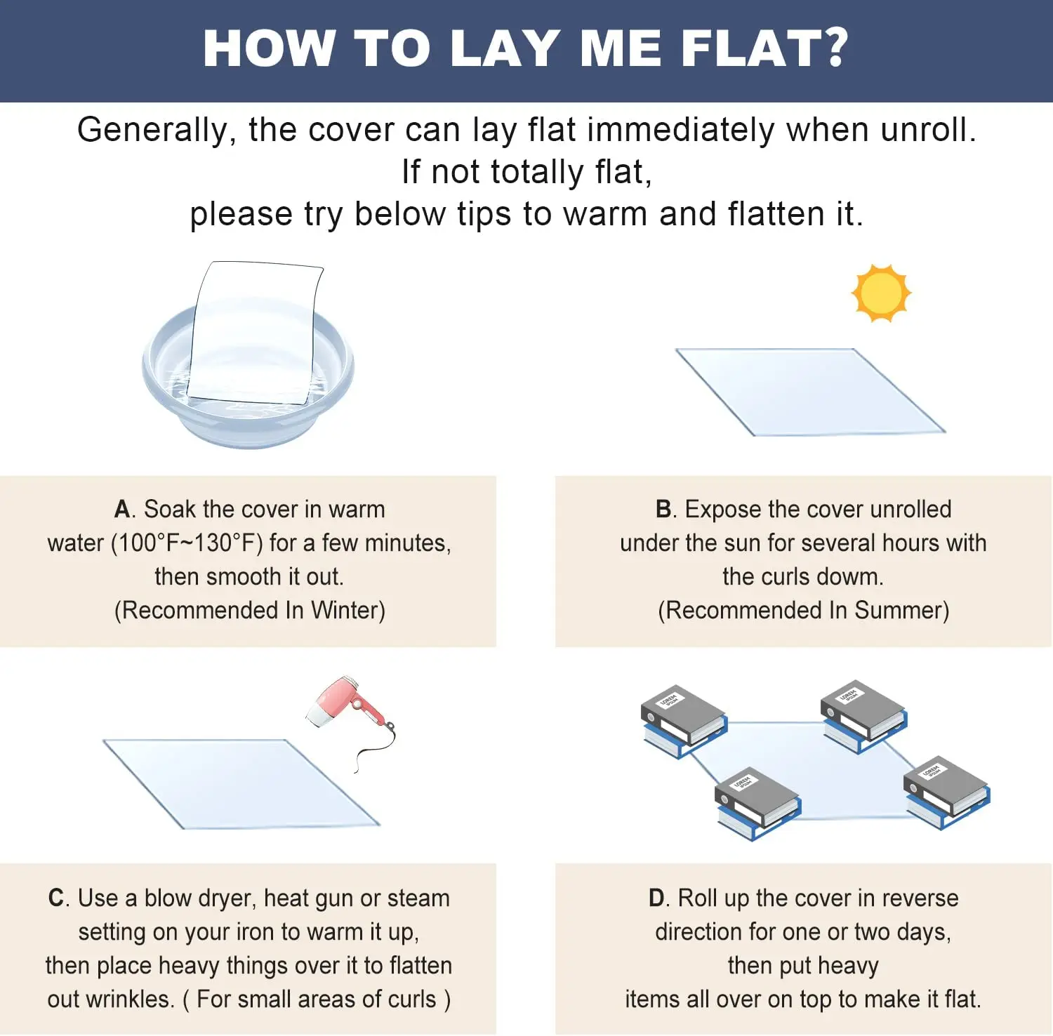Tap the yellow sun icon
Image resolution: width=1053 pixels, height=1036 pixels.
[881, 293]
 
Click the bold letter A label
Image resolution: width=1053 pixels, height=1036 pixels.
[123, 510]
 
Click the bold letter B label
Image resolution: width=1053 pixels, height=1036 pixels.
[664, 510]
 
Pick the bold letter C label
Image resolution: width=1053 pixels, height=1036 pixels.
[56, 898]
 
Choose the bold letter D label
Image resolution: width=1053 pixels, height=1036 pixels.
[657, 898]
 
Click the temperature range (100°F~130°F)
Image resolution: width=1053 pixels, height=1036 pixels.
[187, 543]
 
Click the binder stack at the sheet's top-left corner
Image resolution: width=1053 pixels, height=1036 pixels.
[683, 721]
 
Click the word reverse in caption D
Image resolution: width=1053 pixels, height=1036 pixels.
[920, 898]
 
